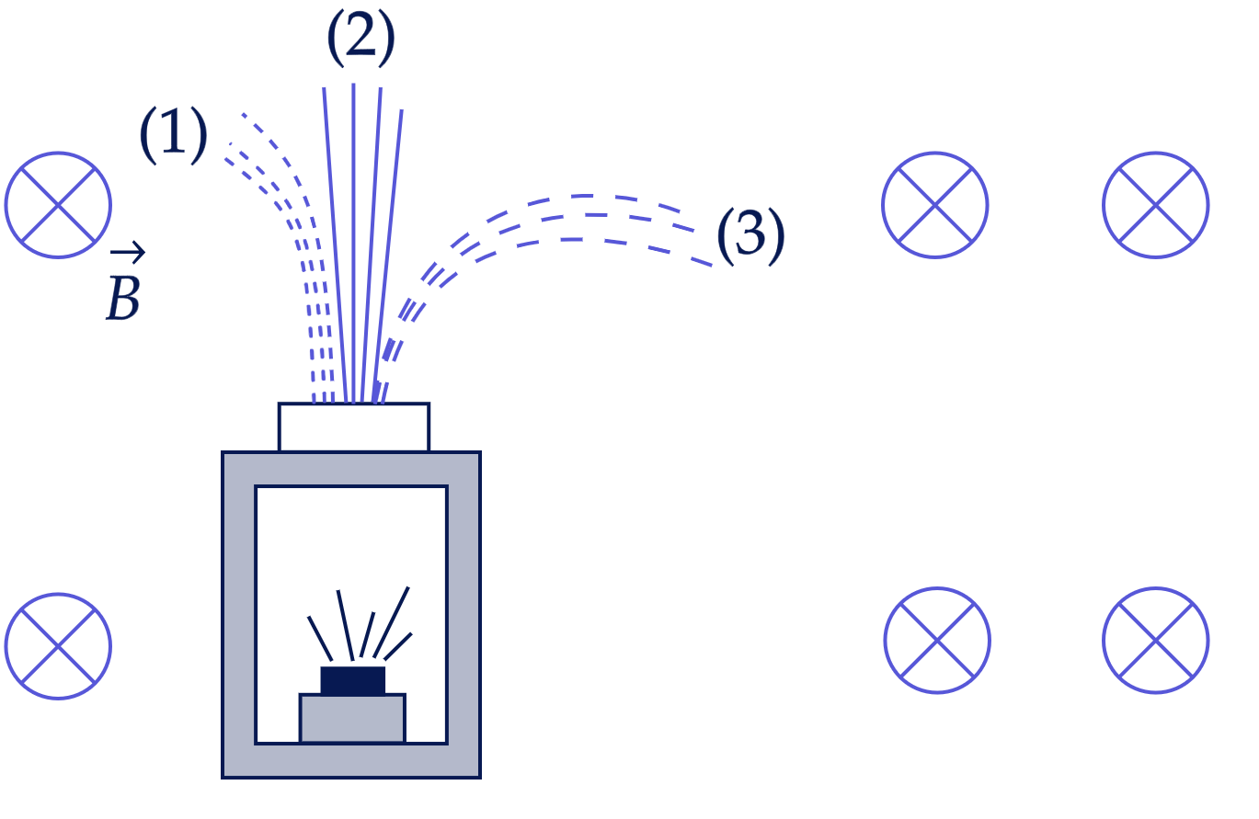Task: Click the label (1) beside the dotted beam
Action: [173, 135]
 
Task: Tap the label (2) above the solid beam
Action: [361, 37]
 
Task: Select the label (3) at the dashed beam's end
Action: [751, 236]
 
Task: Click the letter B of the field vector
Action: [123, 299]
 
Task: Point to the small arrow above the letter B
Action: [128, 253]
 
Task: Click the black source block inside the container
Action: [352, 680]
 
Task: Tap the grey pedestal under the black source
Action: [352, 719]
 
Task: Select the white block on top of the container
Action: [354, 427]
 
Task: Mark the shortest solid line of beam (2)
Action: [388, 256]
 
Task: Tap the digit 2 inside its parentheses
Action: [361, 37]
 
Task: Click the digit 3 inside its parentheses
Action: [750, 236]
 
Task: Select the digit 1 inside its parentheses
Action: [173, 135]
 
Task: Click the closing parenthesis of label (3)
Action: [776, 236]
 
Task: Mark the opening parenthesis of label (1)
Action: [148, 135]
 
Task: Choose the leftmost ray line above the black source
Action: [320, 639]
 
